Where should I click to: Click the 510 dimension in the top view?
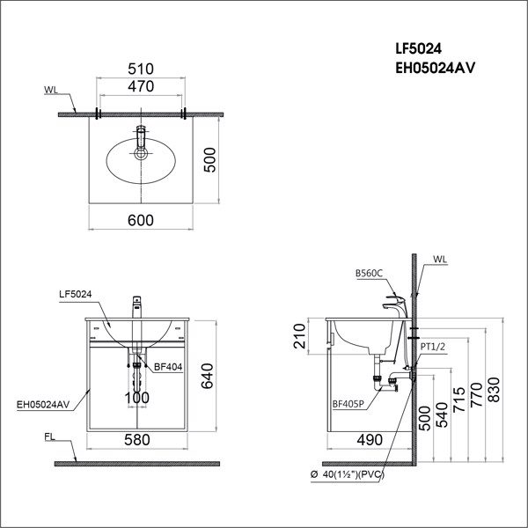click(141, 67)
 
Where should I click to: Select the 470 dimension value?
click(141, 86)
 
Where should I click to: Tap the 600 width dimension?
click(141, 223)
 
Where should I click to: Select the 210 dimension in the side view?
click(300, 334)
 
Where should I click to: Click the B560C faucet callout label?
click(370, 274)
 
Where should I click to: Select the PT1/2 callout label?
click(434, 348)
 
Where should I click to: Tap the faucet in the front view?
click(136, 308)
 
